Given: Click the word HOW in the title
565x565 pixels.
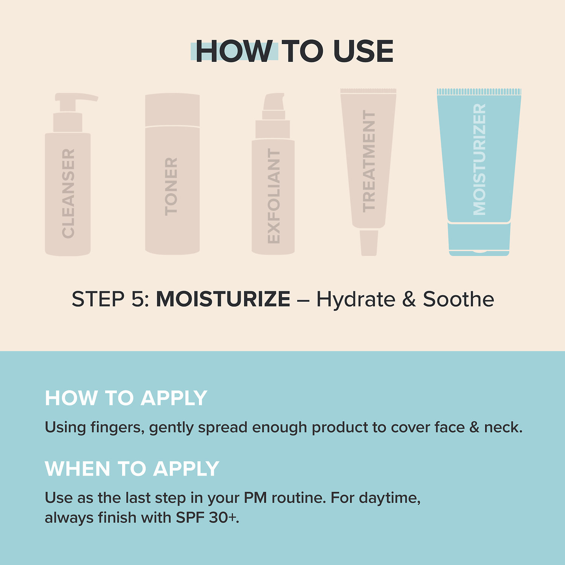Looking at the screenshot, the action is click(x=234, y=51).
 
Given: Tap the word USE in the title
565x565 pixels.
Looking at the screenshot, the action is click(x=363, y=51).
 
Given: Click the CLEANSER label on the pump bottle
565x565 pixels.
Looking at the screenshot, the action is click(x=68, y=193).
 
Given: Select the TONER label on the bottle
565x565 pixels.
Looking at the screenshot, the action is click(x=171, y=186).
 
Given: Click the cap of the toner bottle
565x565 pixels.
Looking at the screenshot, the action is click(x=173, y=110).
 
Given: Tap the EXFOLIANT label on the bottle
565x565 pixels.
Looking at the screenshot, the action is click(x=273, y=195).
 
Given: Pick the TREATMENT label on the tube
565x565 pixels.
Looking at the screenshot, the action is click(x=369, y=161).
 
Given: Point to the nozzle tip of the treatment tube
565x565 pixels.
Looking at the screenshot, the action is click(x=369, y=243).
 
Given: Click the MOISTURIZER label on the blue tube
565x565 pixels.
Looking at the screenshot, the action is click(x=479, y=159).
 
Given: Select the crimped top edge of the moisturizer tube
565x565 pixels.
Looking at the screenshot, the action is click(x=479, y=92).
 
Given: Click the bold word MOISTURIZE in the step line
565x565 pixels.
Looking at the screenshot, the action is click(x=223, y=299).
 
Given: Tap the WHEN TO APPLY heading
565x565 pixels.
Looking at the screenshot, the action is click(x=132, y=469).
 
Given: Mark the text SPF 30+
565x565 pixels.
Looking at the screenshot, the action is click(x=208, y=518).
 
